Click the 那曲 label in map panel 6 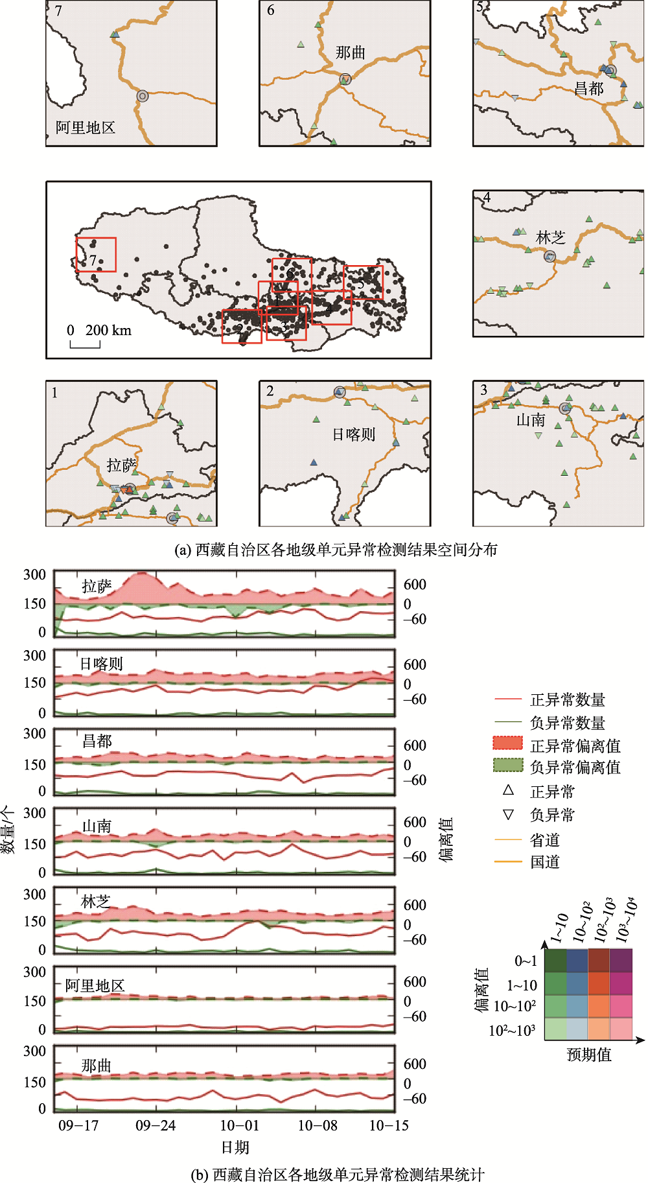click(351, 53)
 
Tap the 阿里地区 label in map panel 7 click(85, 128)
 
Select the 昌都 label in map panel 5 click(588, 89)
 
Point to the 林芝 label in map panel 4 click(551, 238)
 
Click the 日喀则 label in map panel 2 click(354, 434)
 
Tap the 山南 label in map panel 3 click(531, 420)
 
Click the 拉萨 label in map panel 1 click(122, 465)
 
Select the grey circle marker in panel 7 click(143, 96)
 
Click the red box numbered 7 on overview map click(96, 254)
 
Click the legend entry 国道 click(544, 862)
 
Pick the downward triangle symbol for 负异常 click(509, 814)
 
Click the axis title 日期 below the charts click(235, 1147)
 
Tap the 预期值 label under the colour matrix click(589, 1055)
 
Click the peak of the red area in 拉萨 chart click(142, 574)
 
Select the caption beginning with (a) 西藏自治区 click(336, 550)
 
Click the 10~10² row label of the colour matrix click(515, 1007)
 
